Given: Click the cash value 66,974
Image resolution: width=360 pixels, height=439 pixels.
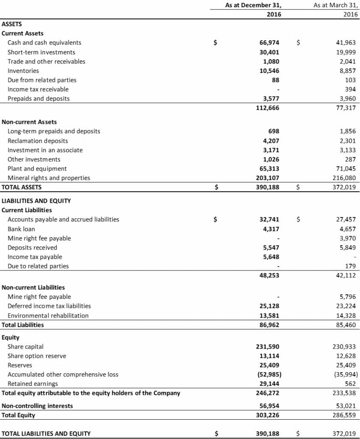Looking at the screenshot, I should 269,42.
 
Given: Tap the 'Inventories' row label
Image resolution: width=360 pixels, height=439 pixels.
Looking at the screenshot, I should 23,71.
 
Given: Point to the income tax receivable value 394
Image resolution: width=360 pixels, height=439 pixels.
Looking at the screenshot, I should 352,89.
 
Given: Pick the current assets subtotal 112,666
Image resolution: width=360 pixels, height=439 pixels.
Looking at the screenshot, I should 268,108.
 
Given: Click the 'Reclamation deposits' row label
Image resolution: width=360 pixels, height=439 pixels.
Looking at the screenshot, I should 38,141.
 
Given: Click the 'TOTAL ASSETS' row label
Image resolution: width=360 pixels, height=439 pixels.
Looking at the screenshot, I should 21,187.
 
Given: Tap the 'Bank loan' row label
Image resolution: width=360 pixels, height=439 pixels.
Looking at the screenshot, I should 21,229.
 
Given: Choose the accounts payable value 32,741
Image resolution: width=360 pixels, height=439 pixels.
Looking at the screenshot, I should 269,219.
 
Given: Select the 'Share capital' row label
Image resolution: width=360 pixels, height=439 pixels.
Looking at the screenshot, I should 25,346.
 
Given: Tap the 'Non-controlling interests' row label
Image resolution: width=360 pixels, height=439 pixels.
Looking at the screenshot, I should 37,406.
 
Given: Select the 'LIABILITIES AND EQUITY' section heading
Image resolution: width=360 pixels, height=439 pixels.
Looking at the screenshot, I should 36,201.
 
